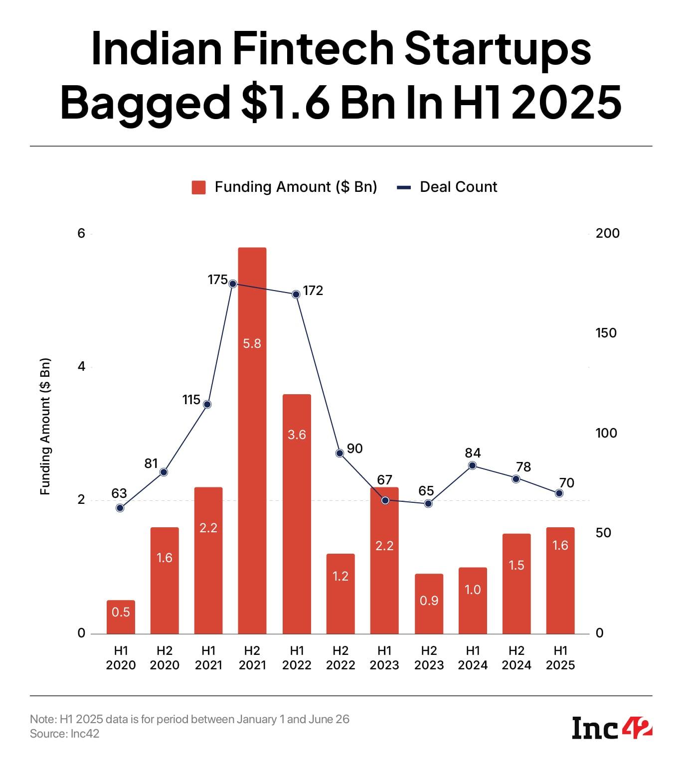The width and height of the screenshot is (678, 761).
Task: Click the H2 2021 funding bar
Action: pos(252,441)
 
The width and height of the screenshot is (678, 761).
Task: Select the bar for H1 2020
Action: pos(121,617)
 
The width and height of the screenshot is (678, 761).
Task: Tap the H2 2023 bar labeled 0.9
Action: pos(429,604)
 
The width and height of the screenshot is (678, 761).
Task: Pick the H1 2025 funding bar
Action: pos(560,581)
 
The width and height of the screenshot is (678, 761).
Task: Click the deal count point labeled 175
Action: pos(232,284)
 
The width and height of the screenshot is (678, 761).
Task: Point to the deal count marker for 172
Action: pos(296,294)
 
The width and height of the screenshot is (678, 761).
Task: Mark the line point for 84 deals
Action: pos(473,465)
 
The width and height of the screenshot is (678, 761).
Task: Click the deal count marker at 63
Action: pos(120,508)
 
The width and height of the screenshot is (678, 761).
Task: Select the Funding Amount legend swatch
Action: pos(199,187)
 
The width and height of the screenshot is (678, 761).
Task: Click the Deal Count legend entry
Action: pos(458,187)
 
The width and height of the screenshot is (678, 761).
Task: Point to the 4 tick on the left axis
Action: pos(82,367)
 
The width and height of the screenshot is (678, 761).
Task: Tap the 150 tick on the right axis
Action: pos(606,333)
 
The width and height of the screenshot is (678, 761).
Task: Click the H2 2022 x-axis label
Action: pos(340,658)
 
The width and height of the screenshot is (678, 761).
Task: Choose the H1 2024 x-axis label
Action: pos(473,658)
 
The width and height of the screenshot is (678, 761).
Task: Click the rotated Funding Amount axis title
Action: pos(45,426)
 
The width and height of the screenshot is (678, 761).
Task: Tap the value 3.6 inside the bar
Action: pos(297,435)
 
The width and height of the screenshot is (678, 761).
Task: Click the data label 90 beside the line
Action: pos(354,449)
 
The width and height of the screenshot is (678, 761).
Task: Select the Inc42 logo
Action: pos(612,728)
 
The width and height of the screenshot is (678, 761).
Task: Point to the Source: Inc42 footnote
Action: pos(65,734)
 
